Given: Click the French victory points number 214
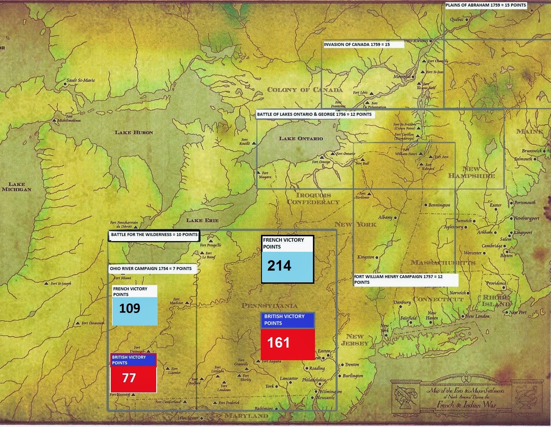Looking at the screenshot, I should (279, 266).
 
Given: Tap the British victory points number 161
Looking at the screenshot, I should (278, 342).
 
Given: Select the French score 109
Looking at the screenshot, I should (129, 308).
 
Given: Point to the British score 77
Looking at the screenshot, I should (129, 378).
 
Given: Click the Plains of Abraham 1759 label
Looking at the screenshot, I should (486, 5).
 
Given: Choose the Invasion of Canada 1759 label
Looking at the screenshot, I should (357, 44).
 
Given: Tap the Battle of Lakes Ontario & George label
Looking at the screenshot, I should (314, 115).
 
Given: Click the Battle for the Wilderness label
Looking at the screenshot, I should (154, 235).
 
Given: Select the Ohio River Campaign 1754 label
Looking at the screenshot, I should (151, 269).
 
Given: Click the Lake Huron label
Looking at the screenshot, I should (134, 132).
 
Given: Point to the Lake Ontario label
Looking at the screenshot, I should (301, 139).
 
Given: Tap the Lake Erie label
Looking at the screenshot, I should (202, 220).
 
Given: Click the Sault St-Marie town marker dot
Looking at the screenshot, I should (65, 84).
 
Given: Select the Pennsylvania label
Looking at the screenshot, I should (269, 306).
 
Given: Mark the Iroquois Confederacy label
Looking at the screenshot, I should (313, 199).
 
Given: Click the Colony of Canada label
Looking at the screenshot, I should (305, 90).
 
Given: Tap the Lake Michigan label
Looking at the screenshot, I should (17, 187).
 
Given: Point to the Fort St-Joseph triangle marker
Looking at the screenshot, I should (46, 284).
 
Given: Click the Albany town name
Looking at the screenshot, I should (385, 217).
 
